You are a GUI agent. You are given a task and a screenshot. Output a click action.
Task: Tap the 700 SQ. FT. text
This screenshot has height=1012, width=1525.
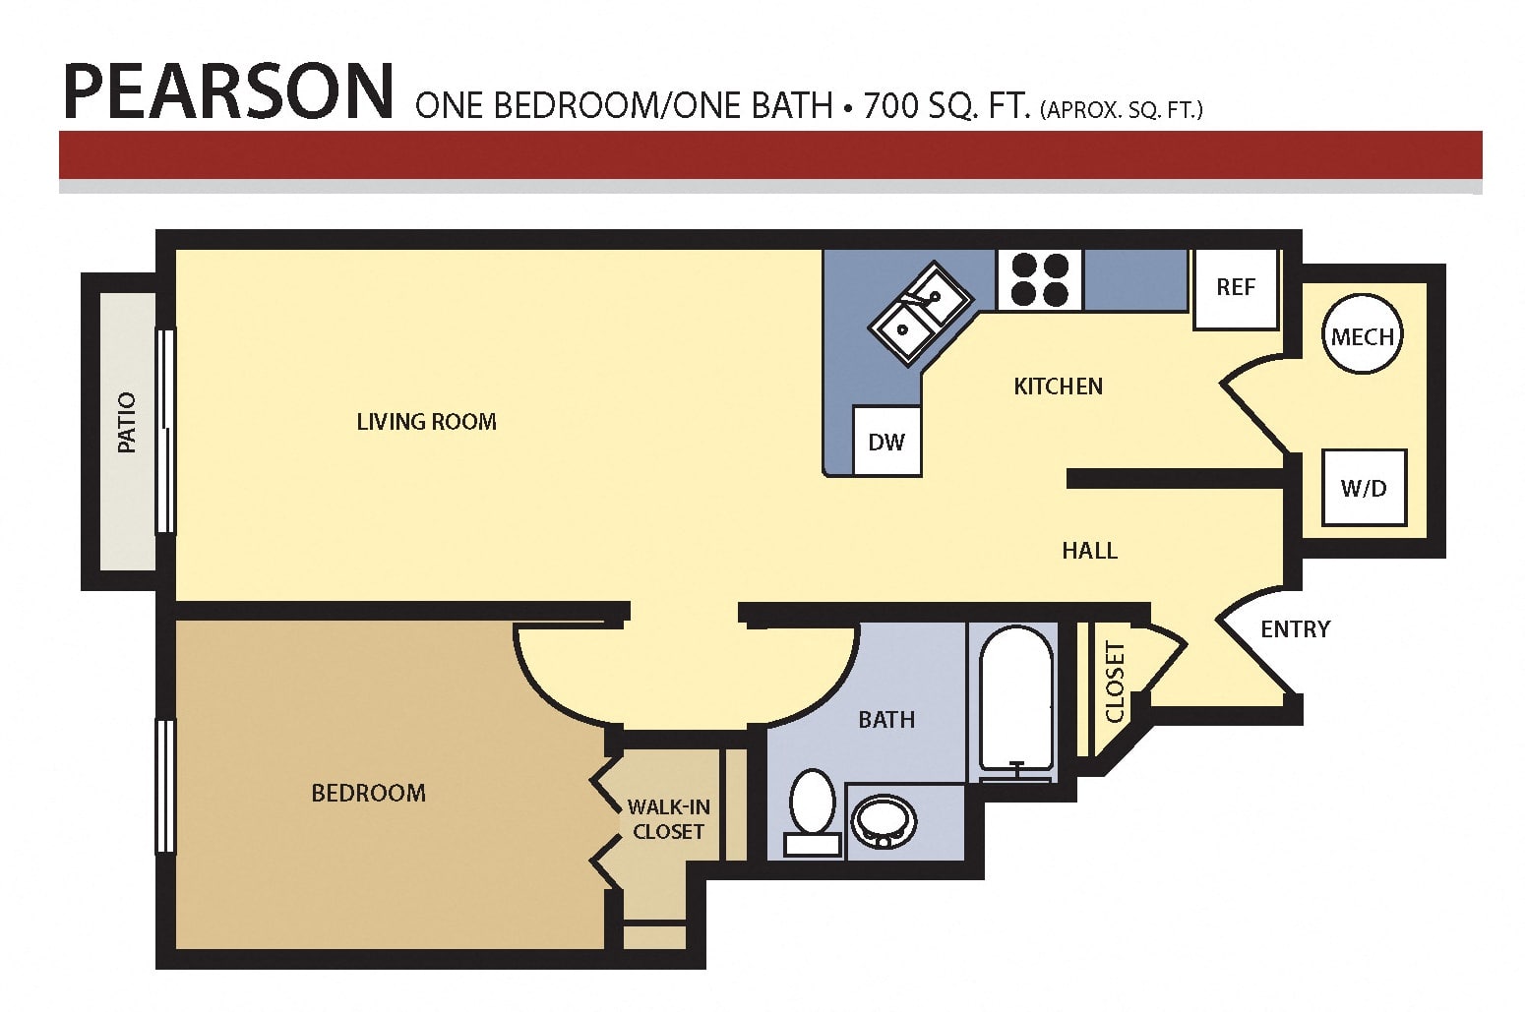pyautogui.click(x=947, y=106)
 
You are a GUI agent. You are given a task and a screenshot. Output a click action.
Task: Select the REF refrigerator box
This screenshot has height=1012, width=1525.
pyautogui.click(x=1235, y=288)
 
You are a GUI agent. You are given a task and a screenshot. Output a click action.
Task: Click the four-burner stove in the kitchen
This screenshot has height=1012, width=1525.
pyautogui.click(x=1040, y=279)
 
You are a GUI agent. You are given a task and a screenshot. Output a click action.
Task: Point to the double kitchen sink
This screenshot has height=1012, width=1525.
pyautogui.click(x=921, y=314)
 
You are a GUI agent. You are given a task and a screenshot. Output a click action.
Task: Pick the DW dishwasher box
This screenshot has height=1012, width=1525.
pyautogui.click(x=886, y=441)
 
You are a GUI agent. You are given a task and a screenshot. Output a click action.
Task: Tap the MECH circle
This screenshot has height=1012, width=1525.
pyautogui.click(x=1362, y=334)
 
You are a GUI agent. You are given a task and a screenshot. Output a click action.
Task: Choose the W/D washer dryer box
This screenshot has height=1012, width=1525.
pyautogui.click(x=1364, y=487)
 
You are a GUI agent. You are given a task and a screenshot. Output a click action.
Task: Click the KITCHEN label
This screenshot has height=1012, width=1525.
pyautogui.click(x=1058, y=387)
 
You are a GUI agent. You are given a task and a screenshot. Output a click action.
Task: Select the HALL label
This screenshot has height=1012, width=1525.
pyautogui.click(x=1089, y=551)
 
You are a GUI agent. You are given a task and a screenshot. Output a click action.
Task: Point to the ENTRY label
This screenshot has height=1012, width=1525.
pyautogui.click(x=1295, y=629)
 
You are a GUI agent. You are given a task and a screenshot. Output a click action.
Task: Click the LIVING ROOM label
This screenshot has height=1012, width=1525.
pyautogui.click(x=427, y=422)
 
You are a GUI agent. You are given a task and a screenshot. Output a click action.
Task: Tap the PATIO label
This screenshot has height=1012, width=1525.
pyautogui.click(x=127, y=422)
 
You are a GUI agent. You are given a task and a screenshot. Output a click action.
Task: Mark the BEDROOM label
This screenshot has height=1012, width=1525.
pyautogui.click(x=368, y=793)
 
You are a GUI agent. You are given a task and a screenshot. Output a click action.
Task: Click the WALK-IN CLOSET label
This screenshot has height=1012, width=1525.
pyautogui.click(x=668, y=819)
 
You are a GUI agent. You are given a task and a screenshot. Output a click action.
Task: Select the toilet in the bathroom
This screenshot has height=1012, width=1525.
pyautogui.click(x=813, y=812)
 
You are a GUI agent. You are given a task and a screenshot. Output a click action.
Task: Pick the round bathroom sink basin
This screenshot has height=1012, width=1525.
pyautogui.click(x=884, y=822)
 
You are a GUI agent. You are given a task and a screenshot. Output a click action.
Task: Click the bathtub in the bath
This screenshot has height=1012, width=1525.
pyautogui.click(x=1016, y=704)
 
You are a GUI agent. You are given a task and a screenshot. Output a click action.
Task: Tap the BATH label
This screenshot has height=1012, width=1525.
pyautogui.click(x=886, y=720)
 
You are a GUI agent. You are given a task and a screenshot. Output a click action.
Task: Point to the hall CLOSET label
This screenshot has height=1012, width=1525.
pyautogui.click(x=1115, y=682)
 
